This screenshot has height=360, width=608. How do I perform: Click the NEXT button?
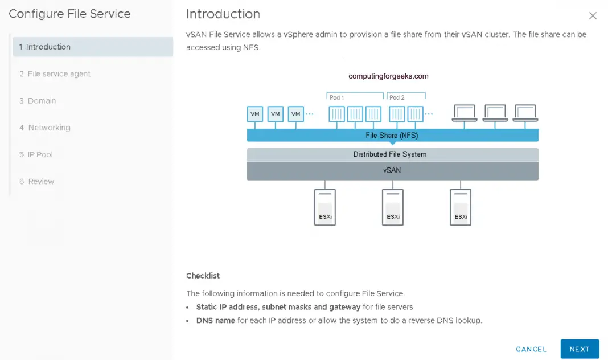point(580,349)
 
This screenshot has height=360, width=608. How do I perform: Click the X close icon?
point(593,16)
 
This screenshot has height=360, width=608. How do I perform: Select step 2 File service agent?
point(59,74)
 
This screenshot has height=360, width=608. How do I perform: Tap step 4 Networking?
point(49,128)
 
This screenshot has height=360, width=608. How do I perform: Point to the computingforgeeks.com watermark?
point(388,76)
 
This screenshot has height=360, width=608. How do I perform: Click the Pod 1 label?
point(337,97)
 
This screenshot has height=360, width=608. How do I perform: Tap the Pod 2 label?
point(397,97)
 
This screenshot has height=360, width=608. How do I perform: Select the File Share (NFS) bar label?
point(392,136)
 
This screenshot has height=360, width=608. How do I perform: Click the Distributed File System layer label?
point(389,154)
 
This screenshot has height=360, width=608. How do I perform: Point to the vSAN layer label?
point(392,170)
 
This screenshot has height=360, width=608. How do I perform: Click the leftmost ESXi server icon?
point(324,207)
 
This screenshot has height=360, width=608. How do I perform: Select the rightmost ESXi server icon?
point(461,207)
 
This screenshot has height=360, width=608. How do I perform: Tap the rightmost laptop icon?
point(525,113)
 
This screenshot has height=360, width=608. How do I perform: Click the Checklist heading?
point(203,276)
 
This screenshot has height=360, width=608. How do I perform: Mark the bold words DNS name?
point(216,321)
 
